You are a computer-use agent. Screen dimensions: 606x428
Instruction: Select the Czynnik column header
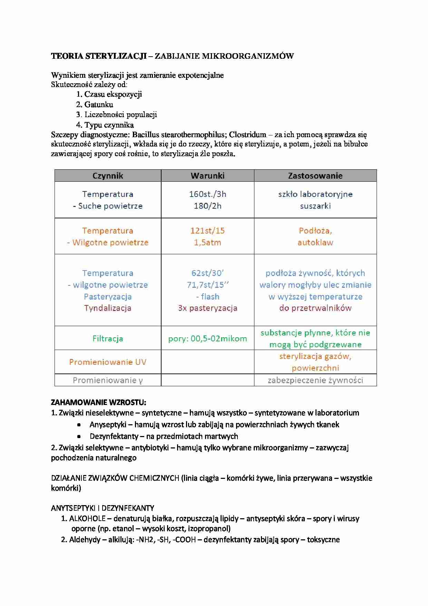108,176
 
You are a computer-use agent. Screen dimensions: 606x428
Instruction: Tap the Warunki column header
207,176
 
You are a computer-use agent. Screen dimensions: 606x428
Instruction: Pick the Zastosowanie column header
315,176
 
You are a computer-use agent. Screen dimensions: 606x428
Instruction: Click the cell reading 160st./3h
207,194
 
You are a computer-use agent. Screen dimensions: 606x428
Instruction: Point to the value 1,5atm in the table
207,242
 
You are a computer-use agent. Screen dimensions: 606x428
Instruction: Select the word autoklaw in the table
315,242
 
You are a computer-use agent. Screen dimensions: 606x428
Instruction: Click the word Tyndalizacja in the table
108,308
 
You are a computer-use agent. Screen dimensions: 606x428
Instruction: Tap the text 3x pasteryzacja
207,308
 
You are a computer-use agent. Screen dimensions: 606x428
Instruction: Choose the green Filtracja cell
108,338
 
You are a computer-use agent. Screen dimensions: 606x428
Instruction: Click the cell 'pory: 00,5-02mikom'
207,338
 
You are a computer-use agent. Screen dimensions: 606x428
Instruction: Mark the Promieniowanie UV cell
108,362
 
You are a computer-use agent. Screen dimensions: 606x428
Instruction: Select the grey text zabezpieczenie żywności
315,380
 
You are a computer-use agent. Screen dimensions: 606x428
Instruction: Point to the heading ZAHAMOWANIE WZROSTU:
98,402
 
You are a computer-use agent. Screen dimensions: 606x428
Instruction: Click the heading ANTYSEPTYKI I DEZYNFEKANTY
102,508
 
